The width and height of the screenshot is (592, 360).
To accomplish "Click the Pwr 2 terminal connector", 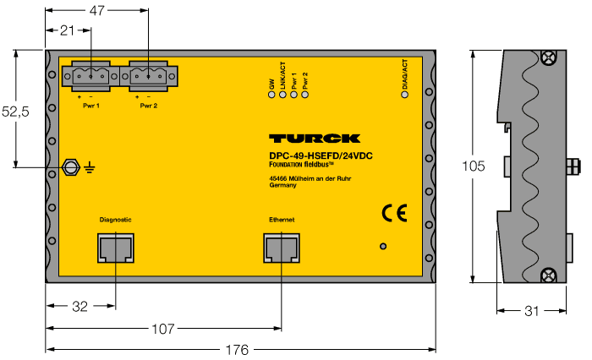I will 150,78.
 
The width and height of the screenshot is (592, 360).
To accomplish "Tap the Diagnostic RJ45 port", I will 115,248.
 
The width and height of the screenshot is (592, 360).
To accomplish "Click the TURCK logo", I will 315,139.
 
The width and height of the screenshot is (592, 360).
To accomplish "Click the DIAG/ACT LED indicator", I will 404,93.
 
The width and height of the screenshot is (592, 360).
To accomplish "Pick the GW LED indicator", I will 271,93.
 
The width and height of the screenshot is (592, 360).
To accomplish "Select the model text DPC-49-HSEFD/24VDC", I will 315,155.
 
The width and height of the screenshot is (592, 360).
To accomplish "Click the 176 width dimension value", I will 237,349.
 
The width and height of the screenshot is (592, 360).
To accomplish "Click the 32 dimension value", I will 79,307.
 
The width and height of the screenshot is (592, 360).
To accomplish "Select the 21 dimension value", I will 68,30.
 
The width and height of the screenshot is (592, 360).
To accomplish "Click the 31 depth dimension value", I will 531,311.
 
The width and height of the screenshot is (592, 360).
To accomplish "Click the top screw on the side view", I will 548,57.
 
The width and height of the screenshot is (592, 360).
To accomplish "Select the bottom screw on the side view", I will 548,274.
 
